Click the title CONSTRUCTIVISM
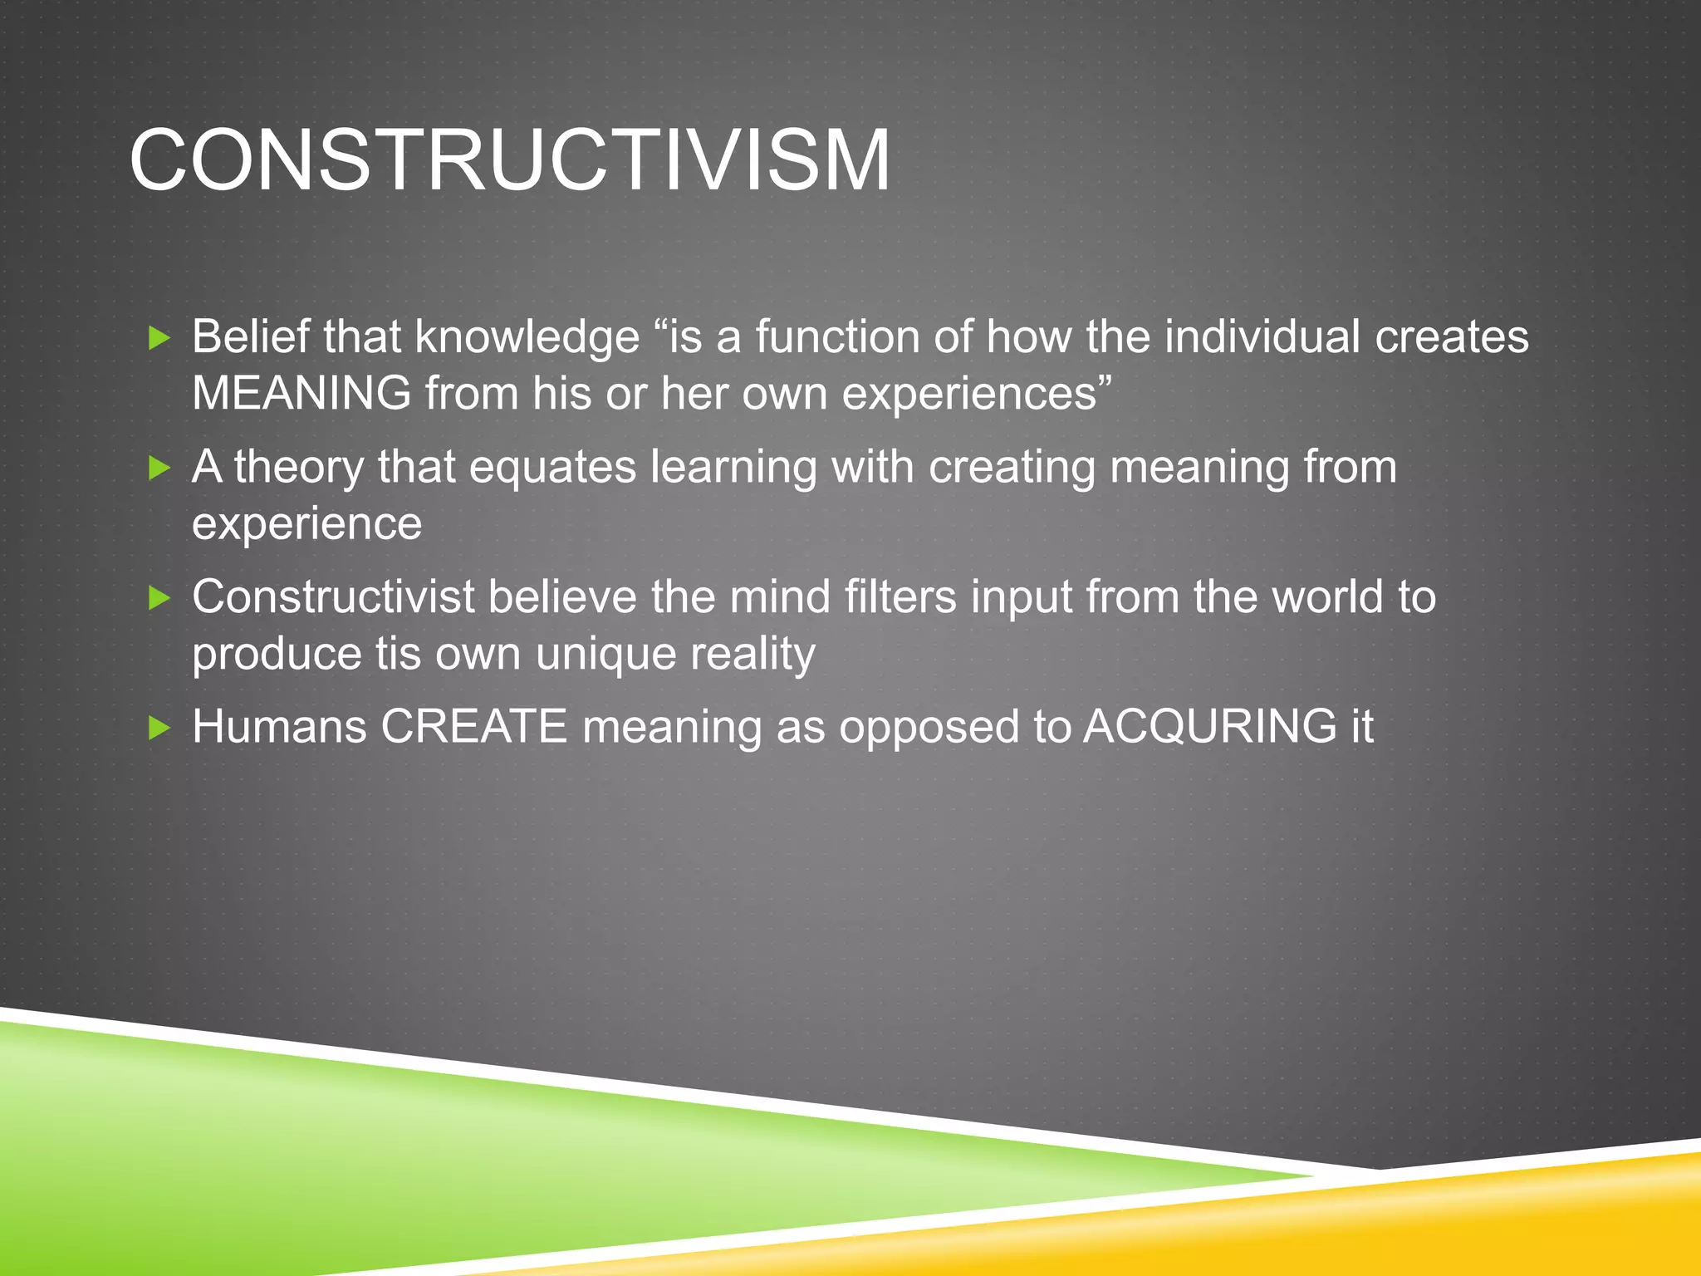pyautogui.click(x=509, y=160)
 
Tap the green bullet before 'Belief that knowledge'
pyautogui.click(x=159, y=338)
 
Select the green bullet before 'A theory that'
pyautogui.click(x=159, y=468)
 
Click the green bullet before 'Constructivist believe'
pyautogui.click(x=159, y=598)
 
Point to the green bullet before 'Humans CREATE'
pyautogui.click(x=159, y=729)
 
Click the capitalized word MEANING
pyautogui.click(x=301, y=393)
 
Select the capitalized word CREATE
pyautogui.click(x=473, y=727)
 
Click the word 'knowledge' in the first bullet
pyautogui.click(x=527, y=338)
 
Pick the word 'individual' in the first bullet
pyautogui.click(x=1262, y=336)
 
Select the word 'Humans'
pyautogui.click(x=279, y=727)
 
